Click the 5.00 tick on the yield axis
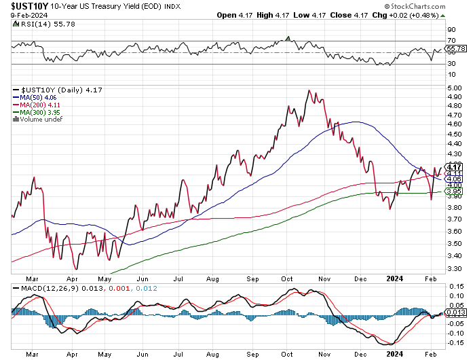click(x=453, y=88)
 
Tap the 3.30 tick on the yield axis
click(x=453, y=268)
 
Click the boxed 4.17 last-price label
click(x=454, y=166)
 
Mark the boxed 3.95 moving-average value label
click(x=454, y=192)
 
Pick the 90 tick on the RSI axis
click(x=451, y=30)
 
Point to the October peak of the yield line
click(x=309, y=90)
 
